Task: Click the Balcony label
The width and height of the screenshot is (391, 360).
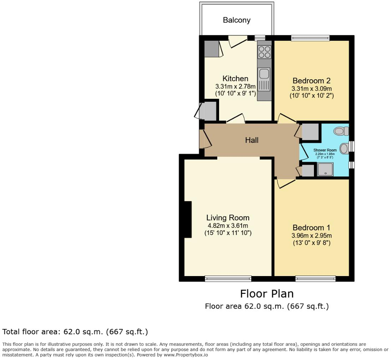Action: pyautogui.click(x=237, y=20)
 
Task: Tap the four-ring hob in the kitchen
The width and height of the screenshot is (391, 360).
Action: pyautogui.click(x=264, y=52)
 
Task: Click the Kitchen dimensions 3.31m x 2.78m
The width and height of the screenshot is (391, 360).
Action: pyautogui.click(x=235, y=86)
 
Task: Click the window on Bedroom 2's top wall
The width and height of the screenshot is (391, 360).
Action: pyautogui.click(x=310, y=38)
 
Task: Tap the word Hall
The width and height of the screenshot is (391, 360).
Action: pyautogui.click(x=252, y=140)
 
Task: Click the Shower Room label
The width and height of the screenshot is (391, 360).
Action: pyautogui.click(x=325, y=150)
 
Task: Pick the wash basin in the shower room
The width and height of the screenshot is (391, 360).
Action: pyautogui.click(x=344, y=148)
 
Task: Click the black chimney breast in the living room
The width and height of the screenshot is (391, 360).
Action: pyautogui.click(x=188, y=219)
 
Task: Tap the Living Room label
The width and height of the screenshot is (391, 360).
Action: pyautogui.click(x=228, y=217)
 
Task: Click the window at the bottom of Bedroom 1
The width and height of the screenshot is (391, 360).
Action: pyautogui.click(x=315, y=278)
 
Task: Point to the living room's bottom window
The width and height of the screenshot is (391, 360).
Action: pyautogui.click(x=228, y=278)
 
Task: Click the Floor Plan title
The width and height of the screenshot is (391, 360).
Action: pyautogui.click(x=266, y=294)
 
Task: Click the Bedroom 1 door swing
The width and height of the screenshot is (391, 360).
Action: pyautogui.click(x=285, y=183)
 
